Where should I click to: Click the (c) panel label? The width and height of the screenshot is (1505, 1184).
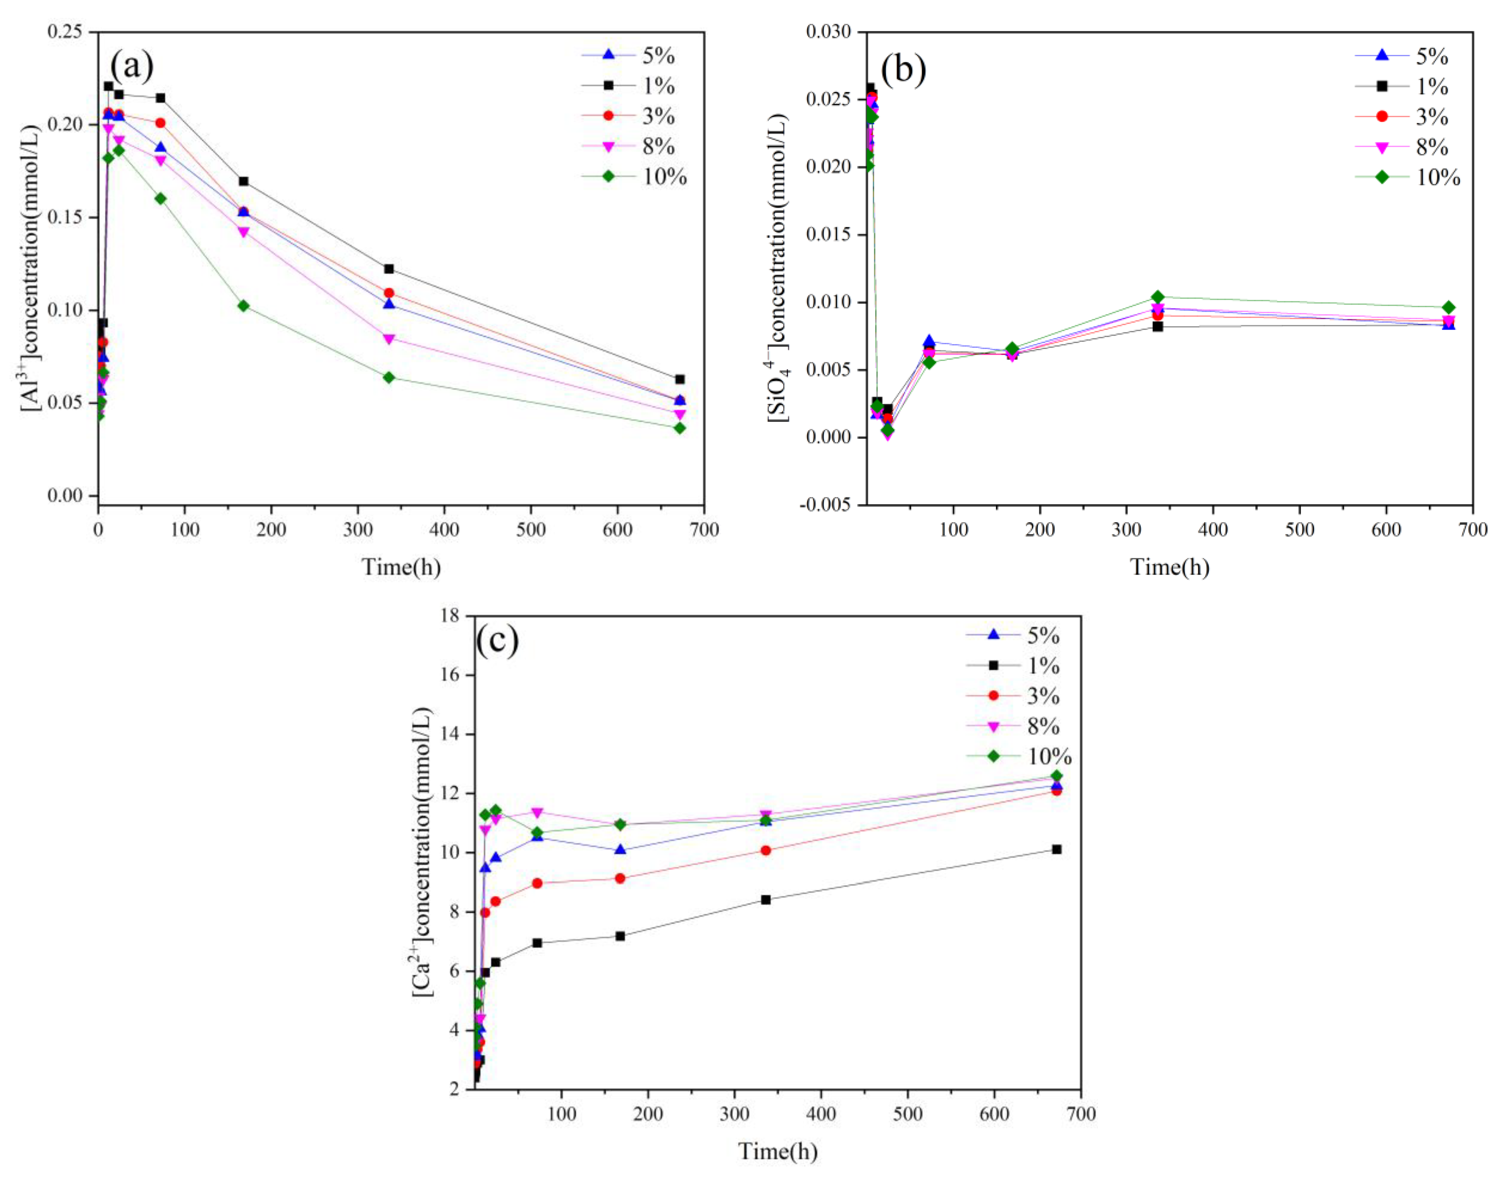point(497,641)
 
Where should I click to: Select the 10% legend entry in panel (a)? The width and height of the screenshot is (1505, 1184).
point(663,178)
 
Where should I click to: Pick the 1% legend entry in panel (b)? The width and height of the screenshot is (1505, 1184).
point(1431,87)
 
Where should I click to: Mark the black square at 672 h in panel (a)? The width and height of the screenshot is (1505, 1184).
point(679,379)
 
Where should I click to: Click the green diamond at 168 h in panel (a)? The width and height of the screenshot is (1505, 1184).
point(243,306)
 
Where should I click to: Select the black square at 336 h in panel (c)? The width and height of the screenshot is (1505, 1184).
point(765,900)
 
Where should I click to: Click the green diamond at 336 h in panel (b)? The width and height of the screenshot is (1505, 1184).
point(1157,296)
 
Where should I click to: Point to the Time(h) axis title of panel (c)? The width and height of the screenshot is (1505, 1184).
point(777,1151)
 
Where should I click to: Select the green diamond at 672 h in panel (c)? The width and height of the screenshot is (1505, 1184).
point(1056,776)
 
